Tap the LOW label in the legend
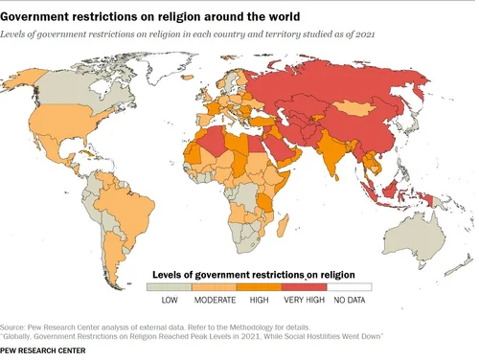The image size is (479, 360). point(170,301)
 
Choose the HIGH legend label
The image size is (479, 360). point(259,301)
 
